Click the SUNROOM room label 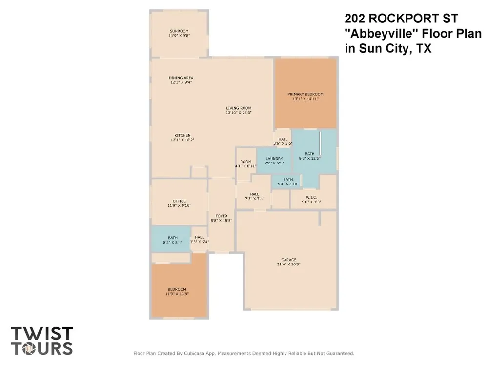179,31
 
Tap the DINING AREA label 181,78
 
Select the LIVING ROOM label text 239,108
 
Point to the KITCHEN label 183,135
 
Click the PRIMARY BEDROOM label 305,94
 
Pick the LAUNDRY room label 274,159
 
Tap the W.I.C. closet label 311,197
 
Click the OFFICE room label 179,201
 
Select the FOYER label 221,216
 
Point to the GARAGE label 289,260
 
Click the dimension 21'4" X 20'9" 289,264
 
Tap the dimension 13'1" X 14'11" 305,99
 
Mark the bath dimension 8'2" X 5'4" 173,242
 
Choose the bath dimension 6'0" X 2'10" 288,184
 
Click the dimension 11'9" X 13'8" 177,294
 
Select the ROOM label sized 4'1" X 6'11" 245,162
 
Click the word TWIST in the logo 41,334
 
